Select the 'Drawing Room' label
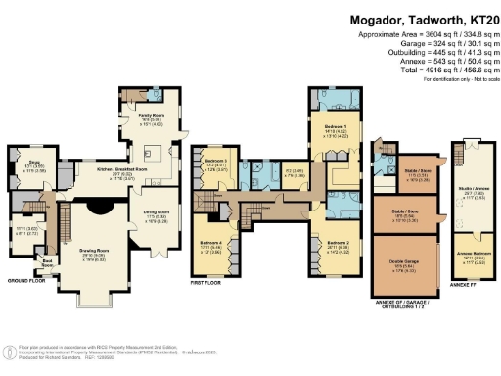tap(94, 251)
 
